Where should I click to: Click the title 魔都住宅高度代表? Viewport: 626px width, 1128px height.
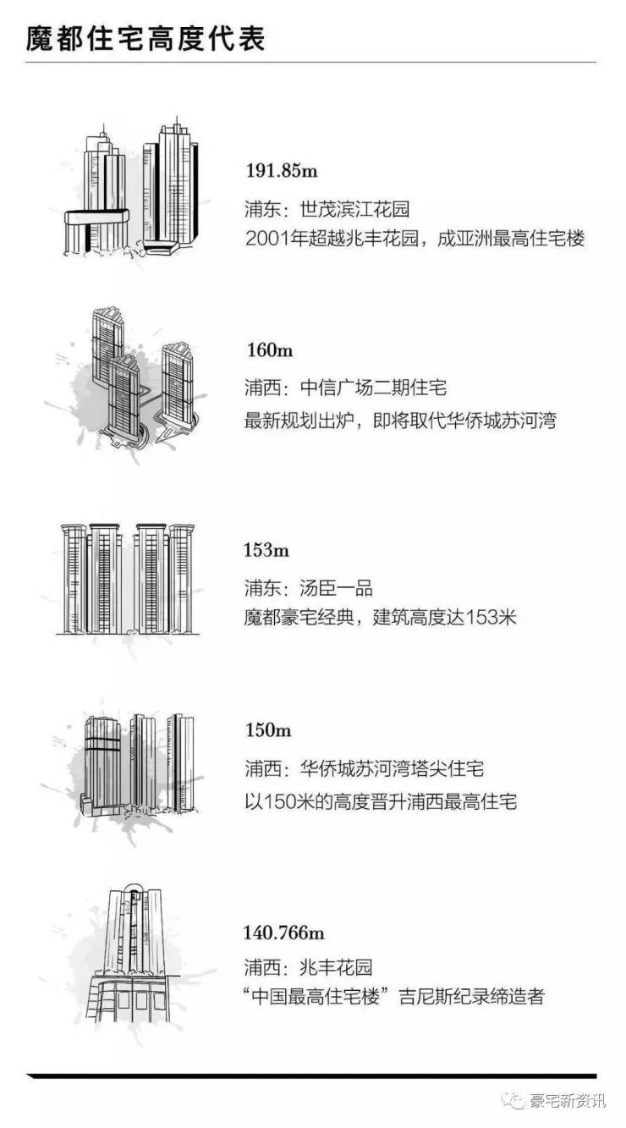pyautogui.click(x=145, y=39)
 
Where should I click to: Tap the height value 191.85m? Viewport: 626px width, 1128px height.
pyautogui.click(x=281, y=171)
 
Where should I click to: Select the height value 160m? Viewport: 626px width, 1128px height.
pyautogui.click(x=269, y=351)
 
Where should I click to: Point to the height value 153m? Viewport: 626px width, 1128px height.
pyautogui.click(x=267, y=551)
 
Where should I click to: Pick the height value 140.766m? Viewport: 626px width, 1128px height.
pyautogui.click(x=283, y=933)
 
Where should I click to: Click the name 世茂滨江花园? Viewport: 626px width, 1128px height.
pyautogui.click(x=355, y=209)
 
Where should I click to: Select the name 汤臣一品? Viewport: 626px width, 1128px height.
pyautogui.click(x=336, y=588)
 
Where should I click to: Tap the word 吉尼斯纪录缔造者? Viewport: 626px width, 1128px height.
pyautogui.click(x=479, y=997)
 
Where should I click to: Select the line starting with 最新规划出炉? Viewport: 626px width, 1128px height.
pyautogui.click(x=399, y=419)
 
